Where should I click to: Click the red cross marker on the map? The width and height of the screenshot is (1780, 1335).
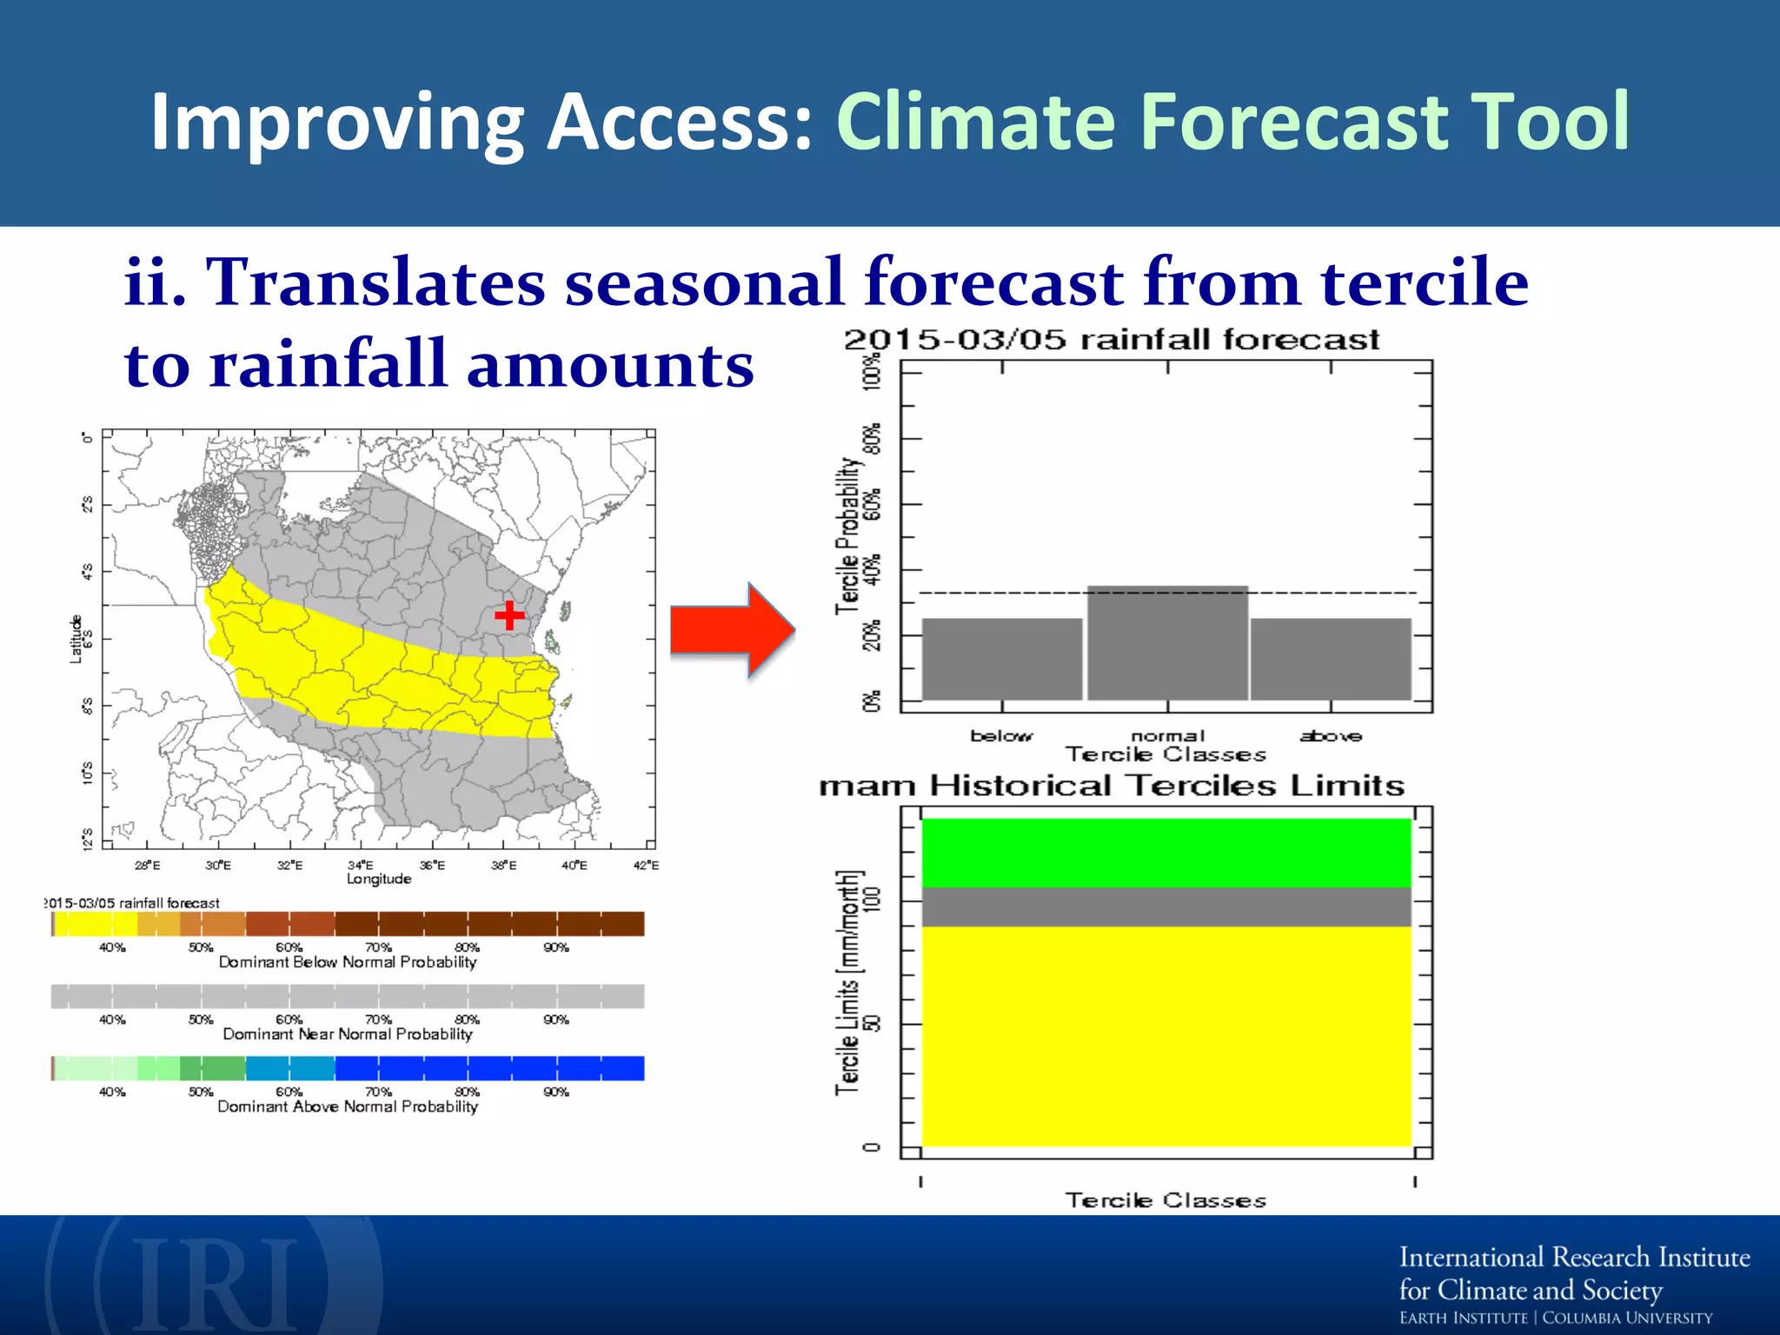pyautogui.click(x=509, y=615)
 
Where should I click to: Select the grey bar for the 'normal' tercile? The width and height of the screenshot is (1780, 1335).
pyautogui.click(x=1167, y=643)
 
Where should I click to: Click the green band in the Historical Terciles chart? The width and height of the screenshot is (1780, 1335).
pyautogui.click(x=1166, y=853)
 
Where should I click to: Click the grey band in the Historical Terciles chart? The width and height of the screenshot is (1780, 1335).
pyautogui.click(x=1166, y=907)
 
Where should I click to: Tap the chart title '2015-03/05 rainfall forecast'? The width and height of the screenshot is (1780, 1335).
pyautogui.click(x=1111, y=340)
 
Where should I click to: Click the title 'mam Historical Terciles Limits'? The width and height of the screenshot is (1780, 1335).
pyautogui.click(x=1111, y=786)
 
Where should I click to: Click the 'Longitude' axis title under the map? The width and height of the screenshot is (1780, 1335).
pyautogui.click(x=379, y=879)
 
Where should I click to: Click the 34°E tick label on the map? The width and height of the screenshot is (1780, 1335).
pyautogui.click(x=360, y=865)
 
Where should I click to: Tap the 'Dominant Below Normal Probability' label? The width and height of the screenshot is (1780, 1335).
pyautogui.click(x=348, y=962)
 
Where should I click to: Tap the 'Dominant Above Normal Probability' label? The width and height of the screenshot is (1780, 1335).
pyautogui.click(x=348, y=1106)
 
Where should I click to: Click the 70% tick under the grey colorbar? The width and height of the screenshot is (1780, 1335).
pyautogui.click(x=378, y=1020)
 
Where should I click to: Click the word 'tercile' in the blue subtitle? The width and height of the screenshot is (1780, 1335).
pyautogui.click(x=1424, y=282)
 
